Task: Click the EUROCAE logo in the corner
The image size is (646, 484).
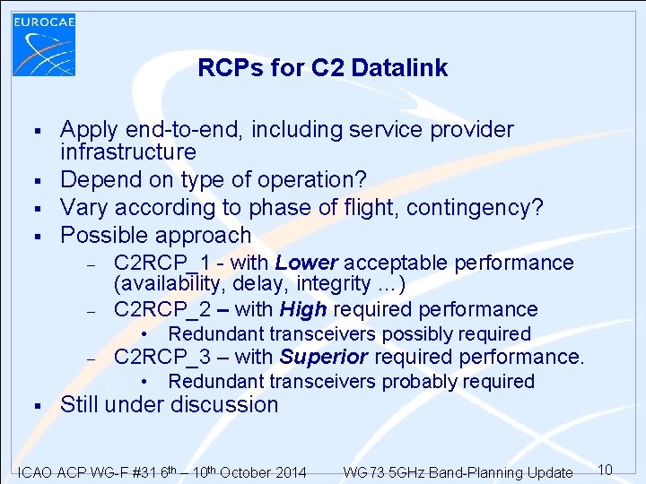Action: pos(44,42)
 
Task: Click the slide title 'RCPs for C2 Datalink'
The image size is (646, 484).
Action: pos(322,68)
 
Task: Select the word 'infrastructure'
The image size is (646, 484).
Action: pos(127,151)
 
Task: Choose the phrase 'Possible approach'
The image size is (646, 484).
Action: pos(155,236)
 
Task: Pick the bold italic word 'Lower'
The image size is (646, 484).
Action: pos(306,263)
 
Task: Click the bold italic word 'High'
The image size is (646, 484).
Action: pos(302,310)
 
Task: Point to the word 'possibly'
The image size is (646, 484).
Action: pos(402,334)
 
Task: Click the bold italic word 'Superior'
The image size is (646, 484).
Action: pos(323,357)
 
